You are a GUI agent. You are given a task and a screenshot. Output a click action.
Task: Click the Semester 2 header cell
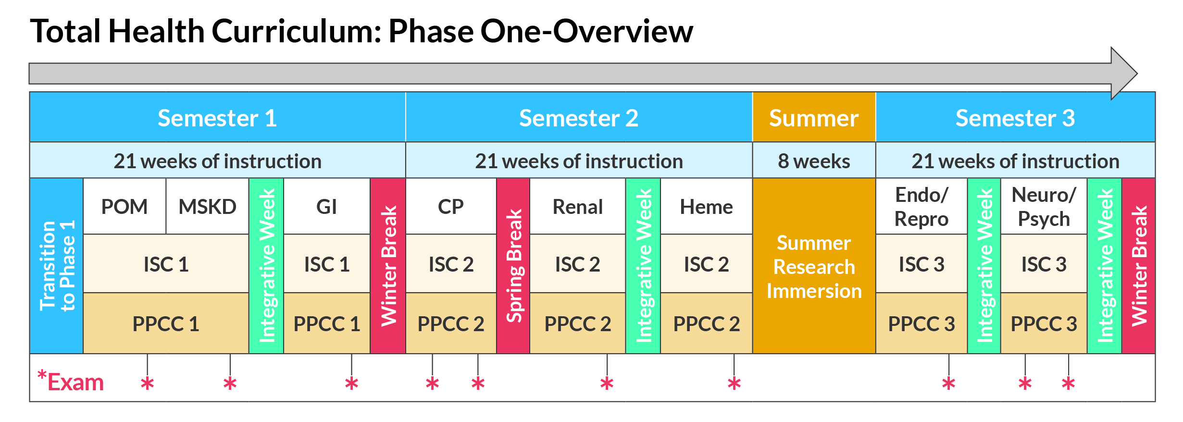click(x=578, y=118)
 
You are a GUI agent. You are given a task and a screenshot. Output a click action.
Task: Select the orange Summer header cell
click(x=813, y=118)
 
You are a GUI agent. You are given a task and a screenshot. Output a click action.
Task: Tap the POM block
click(x=125, y=207)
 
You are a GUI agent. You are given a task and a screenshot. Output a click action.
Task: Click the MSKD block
click(x=207, y=207)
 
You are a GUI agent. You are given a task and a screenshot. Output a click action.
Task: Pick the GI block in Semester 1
click(x=326, y=207)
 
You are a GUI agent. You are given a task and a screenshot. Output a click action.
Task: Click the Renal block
click(x=577, y=207)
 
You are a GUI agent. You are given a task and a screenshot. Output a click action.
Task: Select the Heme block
click(x=706, y=207)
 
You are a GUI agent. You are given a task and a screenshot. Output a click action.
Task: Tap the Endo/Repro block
click(x=921, y=207)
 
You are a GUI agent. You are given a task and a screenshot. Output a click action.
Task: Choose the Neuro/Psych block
click(x=1043, y=207)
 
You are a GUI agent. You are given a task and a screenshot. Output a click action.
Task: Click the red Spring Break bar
click(x=513, y=265)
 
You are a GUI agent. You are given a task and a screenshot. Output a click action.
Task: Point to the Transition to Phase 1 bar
click(x=56, y=265)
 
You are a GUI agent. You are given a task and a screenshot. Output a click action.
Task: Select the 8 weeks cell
click(x=813, y=161)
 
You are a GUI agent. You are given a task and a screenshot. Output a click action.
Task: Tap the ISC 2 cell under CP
click(x=450, y=264)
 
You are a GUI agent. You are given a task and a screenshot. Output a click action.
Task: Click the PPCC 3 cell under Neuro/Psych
click(x=1043, y=323)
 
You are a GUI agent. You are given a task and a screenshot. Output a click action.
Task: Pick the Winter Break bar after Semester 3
click(x=1138, y=265)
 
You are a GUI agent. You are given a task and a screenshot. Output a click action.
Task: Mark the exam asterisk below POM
click(x=147, y=384)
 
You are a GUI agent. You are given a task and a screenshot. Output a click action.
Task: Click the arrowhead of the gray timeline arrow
click(x=1123, y=74)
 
